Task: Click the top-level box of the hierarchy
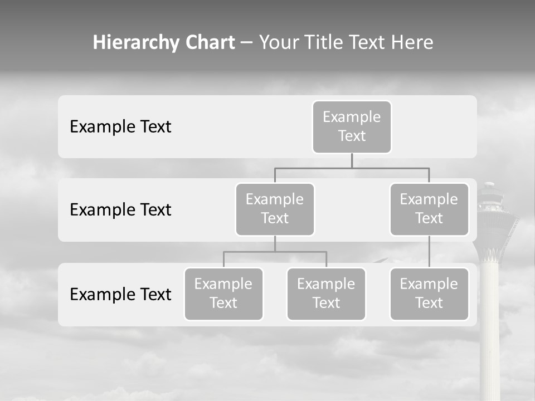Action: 352,126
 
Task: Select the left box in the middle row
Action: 275,209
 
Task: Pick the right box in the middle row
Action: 429,209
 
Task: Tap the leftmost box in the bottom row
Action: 223,294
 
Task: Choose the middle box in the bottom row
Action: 326,294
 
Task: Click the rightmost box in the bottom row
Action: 429,294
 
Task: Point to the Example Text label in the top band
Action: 120,127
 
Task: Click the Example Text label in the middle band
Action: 120,210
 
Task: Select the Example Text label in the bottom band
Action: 120,294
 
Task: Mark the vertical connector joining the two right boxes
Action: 429,252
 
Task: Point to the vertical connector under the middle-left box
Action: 275,243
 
